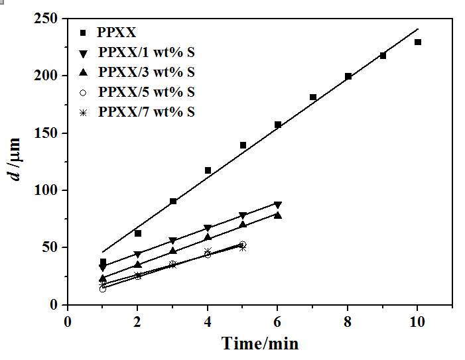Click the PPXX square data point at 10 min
418,42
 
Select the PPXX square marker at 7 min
313,97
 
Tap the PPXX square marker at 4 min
208,170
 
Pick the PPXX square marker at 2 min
138,233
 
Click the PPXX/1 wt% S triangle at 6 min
278,205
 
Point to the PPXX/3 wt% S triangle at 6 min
278,215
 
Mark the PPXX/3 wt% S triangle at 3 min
173,251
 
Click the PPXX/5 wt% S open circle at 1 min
103,288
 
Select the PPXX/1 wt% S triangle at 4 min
208,228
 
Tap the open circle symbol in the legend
82,92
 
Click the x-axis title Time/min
260,343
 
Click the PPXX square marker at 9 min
383,56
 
